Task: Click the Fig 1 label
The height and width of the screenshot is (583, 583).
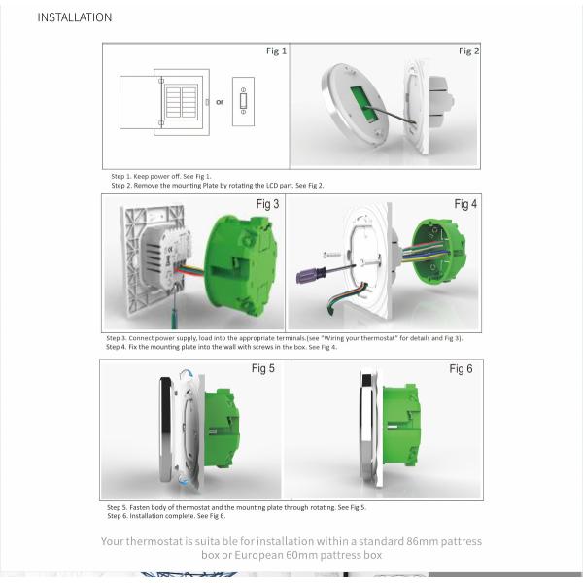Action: coord(277,51)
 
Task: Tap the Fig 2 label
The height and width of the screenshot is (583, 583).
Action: coord(469,51)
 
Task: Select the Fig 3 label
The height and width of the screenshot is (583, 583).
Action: coord(267,204)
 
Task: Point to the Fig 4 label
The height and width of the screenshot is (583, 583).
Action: coord(465,204)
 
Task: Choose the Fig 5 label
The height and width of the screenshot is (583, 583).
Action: coord(263,369)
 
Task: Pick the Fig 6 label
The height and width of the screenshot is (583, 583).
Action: coord(461,369)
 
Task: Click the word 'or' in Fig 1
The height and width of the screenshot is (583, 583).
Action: coord(220,101)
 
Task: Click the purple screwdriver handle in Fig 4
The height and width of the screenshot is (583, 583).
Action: coord(308,275)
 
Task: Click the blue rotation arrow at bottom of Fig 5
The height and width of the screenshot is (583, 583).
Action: coord(186,479)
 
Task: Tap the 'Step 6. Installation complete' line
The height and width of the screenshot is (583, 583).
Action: coord(159,515)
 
